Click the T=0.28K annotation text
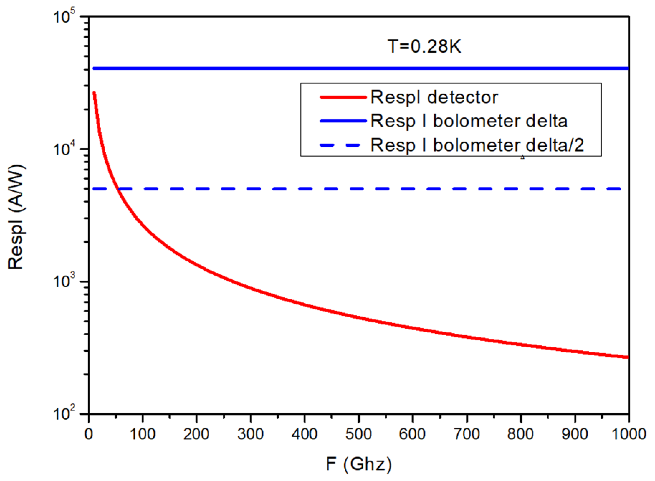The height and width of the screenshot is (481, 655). coord(424,46)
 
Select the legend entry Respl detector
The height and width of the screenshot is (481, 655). coord(434,97)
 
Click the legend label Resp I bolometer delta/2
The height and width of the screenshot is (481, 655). coord(477,145)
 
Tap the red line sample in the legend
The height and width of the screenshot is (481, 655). coord(343,97)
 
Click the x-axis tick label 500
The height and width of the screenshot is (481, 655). coord(359,434)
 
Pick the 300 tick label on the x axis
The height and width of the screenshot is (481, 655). coord(251,434)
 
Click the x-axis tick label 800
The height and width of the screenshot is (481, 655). coord(520,434)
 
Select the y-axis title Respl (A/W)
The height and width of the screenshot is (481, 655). coord(16,217)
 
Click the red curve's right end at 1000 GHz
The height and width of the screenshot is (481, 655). coord(628,357)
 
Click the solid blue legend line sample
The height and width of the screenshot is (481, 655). coord(343,121)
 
